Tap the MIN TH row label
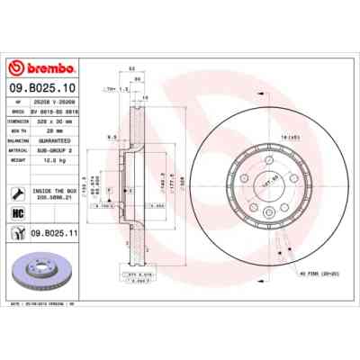tap(18, 130)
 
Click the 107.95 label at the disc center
tap(269, 180)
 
